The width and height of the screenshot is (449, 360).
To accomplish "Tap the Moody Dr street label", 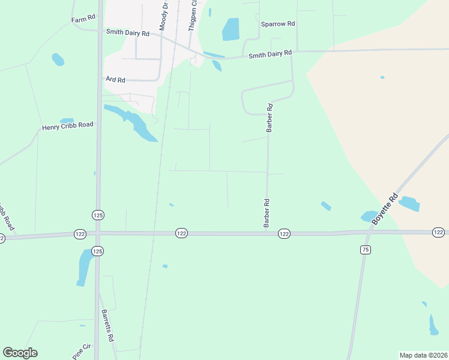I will coord(163,16).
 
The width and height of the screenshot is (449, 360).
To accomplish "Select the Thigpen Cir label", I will coord(193,16).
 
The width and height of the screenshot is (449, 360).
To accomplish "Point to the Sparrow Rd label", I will coord(278,24).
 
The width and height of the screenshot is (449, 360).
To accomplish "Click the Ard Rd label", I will coord(115,80).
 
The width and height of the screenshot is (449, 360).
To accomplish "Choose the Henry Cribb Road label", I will coord(68,126).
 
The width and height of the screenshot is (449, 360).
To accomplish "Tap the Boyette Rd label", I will coord(385,209).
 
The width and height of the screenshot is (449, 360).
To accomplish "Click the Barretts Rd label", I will coord(107,326).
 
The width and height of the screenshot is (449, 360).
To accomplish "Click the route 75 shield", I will coord(366,250).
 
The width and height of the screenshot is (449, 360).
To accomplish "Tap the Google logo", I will coord(20,353).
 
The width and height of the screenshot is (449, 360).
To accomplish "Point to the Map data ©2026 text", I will coord(423,355).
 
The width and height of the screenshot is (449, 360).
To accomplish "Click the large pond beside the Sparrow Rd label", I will coord(231,29).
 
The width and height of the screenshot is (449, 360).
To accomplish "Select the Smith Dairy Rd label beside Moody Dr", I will coord(127,33).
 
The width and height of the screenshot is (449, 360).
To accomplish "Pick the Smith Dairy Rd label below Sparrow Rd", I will coord(270,55).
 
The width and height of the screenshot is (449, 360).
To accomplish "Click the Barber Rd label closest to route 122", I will coord(266,213).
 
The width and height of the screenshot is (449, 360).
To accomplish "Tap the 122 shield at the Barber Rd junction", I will coord(285,233).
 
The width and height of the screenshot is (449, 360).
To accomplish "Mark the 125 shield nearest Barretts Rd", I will coord(98,250).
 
